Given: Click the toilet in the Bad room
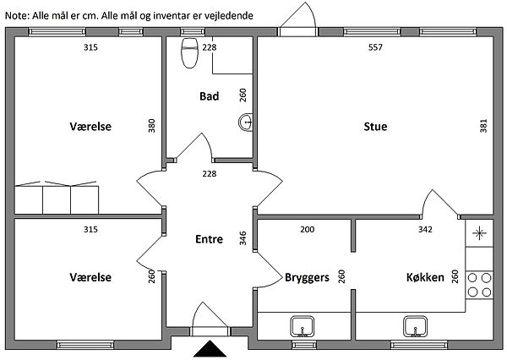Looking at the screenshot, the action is pos(189,53).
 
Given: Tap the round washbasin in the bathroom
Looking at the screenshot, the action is pos(246,123).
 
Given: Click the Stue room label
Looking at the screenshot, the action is pos(375,126).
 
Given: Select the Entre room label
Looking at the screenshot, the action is pos(210,239).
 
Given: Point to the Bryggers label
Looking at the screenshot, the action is pos(307,277).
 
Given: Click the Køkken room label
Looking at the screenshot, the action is pos(425,277).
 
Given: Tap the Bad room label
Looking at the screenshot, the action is pos(210,96).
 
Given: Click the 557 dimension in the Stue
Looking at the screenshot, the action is pos(375,47).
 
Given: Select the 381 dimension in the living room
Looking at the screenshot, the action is pos(483,126).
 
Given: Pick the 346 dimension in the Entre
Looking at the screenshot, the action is pos(243,238).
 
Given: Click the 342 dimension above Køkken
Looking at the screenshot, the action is pos(425,229).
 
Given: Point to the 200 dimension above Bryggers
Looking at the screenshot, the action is pos(308,229).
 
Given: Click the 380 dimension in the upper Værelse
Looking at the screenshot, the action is pos(151,126).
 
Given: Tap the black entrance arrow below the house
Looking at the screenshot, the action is pos(210,349).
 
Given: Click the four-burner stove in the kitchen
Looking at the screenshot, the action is pos(479,285).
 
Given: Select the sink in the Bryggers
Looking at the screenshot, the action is pos(303,327).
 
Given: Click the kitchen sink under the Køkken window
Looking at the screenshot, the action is pos(416,327).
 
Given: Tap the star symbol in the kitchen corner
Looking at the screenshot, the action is pos(479,233).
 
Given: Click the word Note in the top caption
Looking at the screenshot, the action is pos(17,15).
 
